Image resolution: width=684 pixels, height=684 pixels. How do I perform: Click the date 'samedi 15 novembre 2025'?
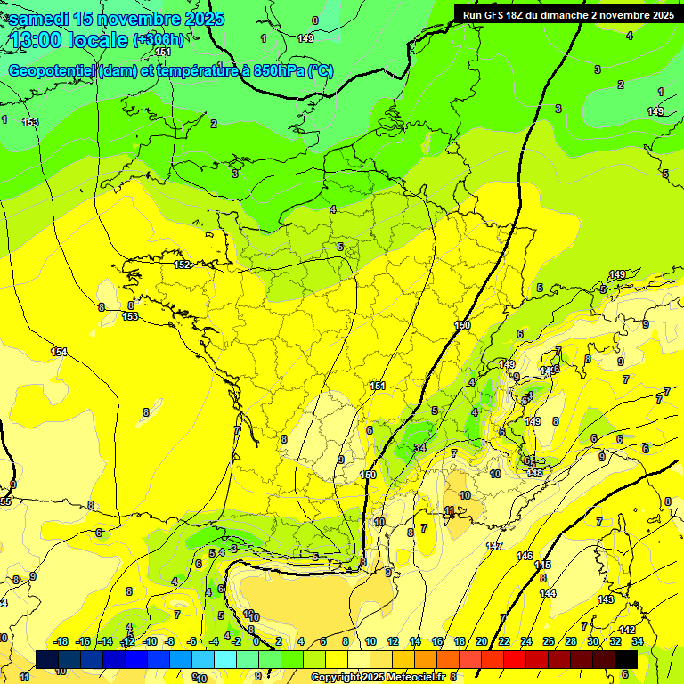click(117, 19)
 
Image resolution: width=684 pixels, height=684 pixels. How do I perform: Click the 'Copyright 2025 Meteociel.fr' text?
click(379, 677)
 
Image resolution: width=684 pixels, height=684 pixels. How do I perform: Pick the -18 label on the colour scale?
click(61, 641)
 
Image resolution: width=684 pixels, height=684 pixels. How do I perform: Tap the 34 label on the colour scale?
click(638, 641)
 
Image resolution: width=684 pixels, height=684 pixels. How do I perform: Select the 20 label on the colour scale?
click(482, 641)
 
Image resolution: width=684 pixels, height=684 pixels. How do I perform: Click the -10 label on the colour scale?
click(150, 641)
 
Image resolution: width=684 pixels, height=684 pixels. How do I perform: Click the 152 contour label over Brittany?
click(183, 265)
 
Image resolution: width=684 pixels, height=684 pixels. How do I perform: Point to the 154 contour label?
click(59, 352)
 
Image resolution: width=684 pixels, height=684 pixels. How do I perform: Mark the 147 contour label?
click(494, 545)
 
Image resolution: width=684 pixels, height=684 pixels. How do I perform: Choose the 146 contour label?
click(525, 556)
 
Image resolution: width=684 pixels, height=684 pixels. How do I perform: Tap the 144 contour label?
click(548, 592)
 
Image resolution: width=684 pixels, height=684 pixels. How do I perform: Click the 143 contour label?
click(606, 599)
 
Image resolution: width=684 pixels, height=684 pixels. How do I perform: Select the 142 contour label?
click(627, 630)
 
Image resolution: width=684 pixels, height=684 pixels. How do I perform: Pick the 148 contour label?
click(535, 473)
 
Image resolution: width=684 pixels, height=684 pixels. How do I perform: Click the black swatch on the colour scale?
click(626, 659)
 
